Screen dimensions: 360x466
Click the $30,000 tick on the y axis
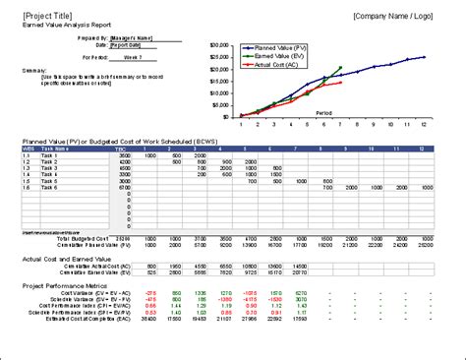click(221, 44)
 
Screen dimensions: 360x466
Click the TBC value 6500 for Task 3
click(124, 168)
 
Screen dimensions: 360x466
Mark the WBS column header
click(28, 149)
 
